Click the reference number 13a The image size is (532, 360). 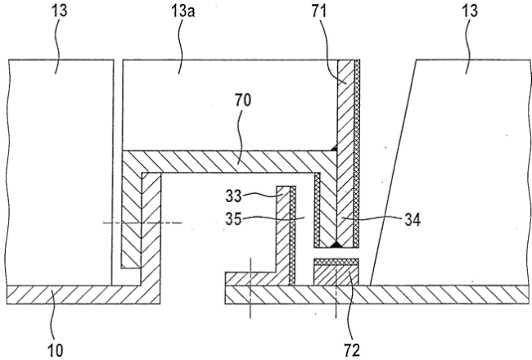tap(183, 12)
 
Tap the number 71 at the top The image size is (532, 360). tap(319, 11)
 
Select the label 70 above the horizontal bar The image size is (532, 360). tap(243, 100)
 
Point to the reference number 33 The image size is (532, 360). tap(233, 196)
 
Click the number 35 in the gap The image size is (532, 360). tap(233, 218)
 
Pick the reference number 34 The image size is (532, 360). tap(413, 220)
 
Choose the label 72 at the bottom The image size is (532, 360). tap(351, 350)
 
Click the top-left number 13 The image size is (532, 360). tap(60, 11)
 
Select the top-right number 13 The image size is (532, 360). tap(470, 11)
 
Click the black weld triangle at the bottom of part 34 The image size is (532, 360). tap(336, 244)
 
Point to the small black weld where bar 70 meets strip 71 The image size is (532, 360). tap(334, 147)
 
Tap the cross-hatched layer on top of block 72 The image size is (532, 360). tap(336, 262)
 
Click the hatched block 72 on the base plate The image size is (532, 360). tap(336, 275)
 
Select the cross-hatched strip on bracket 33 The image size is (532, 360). tap(292, 236)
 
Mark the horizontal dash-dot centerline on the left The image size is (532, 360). tap(142, 223)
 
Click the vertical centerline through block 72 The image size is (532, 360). tap(336, 292)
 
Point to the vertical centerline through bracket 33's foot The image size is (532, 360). tap(250, 288)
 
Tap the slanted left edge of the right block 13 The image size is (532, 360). tap(393, 173)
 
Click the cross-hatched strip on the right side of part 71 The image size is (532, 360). tap(356, 153)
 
